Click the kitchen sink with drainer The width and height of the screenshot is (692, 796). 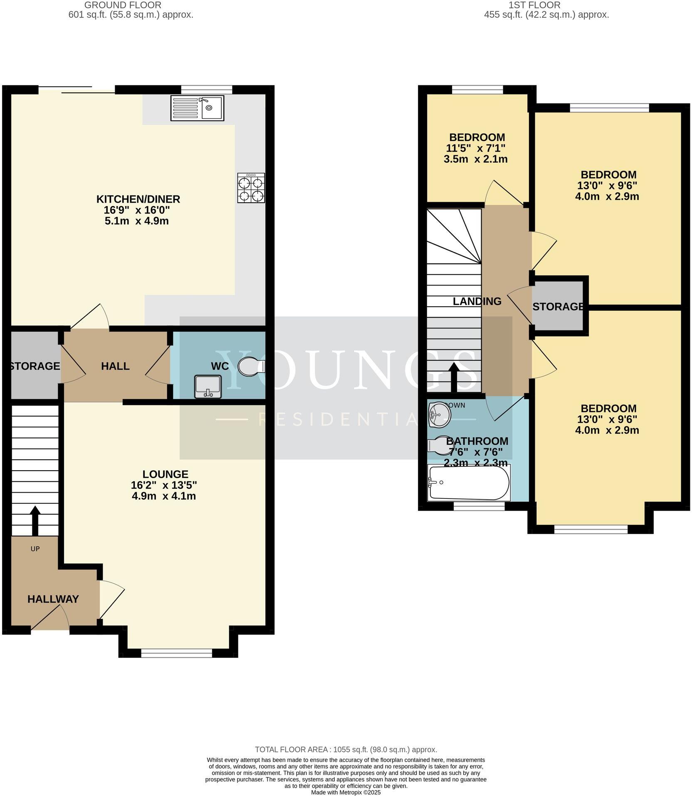coord(197,108)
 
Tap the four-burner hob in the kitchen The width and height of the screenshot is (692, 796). coord(251,188)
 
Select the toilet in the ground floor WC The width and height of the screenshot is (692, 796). coord(250,366)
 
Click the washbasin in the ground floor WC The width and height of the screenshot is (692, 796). coord(208,386)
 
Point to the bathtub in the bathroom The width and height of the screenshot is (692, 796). coord(469,482)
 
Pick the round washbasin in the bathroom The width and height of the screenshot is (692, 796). coord(439,414)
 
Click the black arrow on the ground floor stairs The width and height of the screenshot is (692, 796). coord(35,520)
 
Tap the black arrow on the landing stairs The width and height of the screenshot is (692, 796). coord(454,377)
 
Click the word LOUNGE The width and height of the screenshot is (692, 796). coord(165,474)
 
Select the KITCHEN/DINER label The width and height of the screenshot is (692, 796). coord(138,199)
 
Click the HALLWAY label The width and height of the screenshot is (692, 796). coord(53,599)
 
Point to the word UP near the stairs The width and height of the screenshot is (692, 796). coord(35,549)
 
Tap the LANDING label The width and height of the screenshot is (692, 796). coord(477,301)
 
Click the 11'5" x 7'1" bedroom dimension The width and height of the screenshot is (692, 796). coord(476,148)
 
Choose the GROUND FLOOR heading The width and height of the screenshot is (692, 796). coord(123,5)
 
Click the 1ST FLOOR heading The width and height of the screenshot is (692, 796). coord(534,5)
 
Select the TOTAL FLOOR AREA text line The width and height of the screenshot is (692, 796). coord(346,750)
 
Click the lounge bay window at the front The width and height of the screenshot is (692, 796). coord(177,654)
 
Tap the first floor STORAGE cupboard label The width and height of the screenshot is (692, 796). coord(558,307)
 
